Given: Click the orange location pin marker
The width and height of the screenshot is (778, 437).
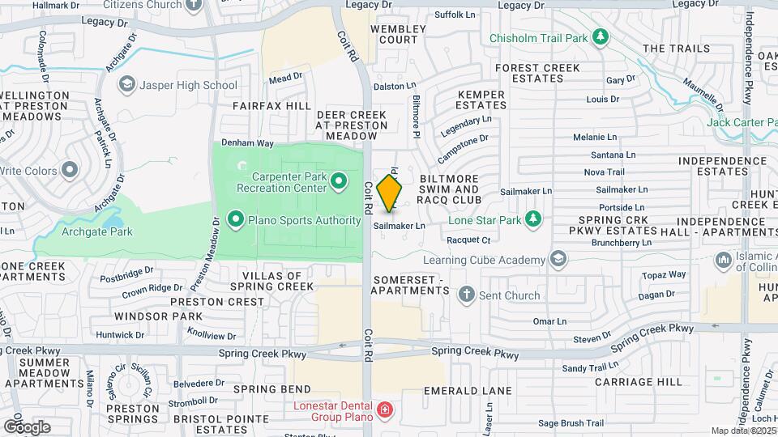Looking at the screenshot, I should point(390,193).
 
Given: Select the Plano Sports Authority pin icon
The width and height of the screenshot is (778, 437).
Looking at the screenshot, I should point(236,219).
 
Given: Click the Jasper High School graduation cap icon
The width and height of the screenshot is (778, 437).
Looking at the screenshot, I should point(127,84).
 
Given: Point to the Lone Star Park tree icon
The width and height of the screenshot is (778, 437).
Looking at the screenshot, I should point(532,218).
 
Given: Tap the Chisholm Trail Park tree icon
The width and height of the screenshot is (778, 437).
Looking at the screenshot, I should point(600,37).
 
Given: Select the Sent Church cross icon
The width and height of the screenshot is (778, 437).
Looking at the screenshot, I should point(467,295).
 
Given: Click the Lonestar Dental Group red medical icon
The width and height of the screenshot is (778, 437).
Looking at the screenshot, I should point(384,410).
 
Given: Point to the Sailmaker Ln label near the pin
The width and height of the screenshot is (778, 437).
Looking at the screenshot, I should point(399,227).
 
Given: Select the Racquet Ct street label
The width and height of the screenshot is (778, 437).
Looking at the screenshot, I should point(468,240).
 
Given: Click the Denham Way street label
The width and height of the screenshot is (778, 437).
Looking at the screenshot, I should point(248,142).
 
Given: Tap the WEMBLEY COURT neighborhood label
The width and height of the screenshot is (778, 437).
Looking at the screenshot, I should point(398,34).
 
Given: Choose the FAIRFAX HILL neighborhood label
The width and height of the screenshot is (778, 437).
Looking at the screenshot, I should point(271,106).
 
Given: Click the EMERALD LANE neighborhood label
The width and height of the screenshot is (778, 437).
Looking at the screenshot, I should point(468,391).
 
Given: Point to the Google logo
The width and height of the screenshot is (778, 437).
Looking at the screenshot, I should point(27,426).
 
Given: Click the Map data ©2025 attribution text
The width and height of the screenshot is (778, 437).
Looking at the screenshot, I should point(743,431).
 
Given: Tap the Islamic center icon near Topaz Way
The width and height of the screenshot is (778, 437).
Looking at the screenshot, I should point(723,261).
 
